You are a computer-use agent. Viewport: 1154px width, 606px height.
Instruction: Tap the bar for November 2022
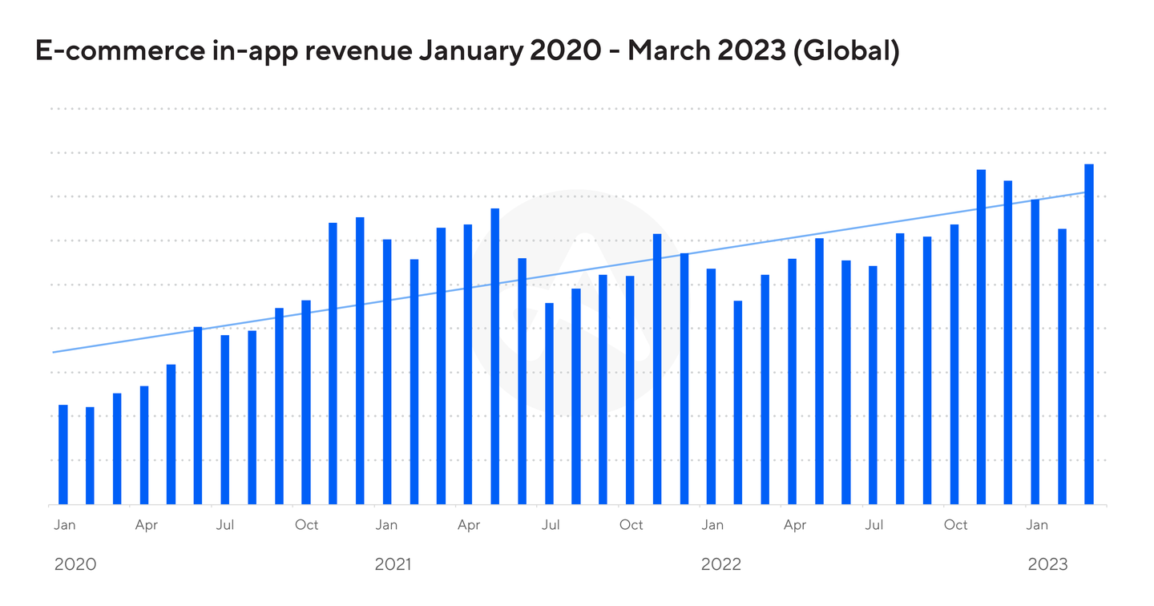[x=981, y=337]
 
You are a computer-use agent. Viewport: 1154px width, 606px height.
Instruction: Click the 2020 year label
[x=75, y=564]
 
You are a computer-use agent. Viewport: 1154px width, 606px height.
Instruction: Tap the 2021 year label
[x=393, y=564]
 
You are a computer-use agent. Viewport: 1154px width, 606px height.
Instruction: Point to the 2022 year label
[x=721, y=564]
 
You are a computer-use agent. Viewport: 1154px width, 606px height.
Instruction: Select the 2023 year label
[x=1048, y=564]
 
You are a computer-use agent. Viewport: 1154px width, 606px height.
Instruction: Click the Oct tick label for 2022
[x=955, y=525]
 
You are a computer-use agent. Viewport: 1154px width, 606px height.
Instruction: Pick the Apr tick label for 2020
[x=146, y=526]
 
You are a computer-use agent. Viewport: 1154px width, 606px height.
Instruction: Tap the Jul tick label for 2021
[x=550, y=526]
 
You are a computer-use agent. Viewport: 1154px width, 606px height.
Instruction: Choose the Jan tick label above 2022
[x=712, y=525]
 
